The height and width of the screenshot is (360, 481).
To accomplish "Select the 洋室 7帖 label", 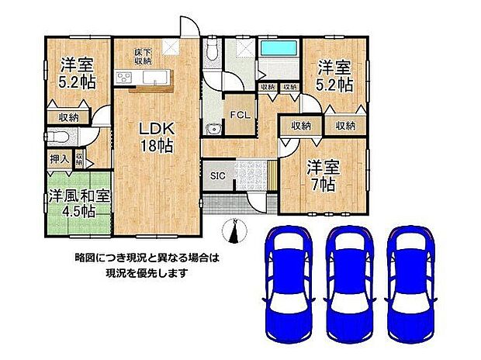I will click(x=320, y=175).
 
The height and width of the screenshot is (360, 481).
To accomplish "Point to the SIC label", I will click(x=217, y=176).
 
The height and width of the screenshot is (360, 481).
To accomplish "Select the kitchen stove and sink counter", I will click(x=143, y=77).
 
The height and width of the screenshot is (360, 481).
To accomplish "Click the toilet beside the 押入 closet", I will click(x=55, y=136).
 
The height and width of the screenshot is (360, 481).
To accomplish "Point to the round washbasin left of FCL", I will click(x=211, y=129).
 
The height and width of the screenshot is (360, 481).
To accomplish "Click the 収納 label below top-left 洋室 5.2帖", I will click(x=67, y=117).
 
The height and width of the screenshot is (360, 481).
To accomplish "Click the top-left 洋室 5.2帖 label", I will click(x=78, y=74).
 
